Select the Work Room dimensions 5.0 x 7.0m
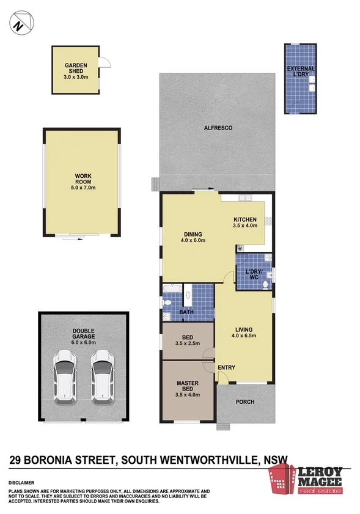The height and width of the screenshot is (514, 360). [x=84, y=187]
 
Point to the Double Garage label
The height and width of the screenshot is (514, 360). [x=84, y=336]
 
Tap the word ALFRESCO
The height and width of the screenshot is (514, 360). [x=218, y=128]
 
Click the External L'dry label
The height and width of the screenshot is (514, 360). [x=301, y=71]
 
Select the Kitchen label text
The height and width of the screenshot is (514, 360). [x=245, y=219]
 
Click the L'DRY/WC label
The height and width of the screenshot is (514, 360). [x=254, y=274]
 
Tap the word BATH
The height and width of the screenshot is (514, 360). [x=186, y=313]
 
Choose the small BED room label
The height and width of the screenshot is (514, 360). [x=188, y=337]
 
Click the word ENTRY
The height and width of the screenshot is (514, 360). [x=227, y=367]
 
